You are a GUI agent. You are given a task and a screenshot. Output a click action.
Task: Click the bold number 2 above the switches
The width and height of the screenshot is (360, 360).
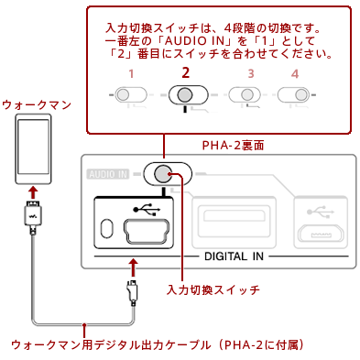[x=185, y=72]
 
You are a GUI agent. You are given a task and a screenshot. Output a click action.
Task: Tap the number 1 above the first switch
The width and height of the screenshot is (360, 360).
[x=131, y=73]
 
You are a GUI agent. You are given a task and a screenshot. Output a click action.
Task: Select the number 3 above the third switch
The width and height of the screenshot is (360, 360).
[x=251, y=73]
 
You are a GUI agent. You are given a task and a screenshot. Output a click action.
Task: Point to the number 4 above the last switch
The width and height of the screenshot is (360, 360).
[x=295, y=73]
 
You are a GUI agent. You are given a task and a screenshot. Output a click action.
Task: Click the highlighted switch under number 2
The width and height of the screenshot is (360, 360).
[x=189, y=95]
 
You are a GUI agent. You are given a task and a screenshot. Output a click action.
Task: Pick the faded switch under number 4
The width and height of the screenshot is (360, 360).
[x=293, y=94]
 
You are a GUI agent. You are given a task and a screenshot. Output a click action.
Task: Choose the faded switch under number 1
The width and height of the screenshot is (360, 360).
[x=131, y=94]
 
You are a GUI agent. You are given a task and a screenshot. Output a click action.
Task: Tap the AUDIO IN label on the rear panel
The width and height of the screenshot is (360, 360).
[x=108, y=174]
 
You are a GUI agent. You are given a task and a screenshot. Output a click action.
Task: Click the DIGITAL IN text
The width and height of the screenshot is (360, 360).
[x=234, y=256]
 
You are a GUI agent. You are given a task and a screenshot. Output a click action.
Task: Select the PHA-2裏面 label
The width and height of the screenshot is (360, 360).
[x=233, y=146]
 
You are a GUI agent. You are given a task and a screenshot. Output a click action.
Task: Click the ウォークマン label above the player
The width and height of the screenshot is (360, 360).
[x=37, y=105]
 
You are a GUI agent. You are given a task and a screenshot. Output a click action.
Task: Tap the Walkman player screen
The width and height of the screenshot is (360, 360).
[x=33, y=147]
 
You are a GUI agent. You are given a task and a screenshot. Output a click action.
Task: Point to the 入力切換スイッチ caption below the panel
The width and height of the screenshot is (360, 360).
[x=213, y=289]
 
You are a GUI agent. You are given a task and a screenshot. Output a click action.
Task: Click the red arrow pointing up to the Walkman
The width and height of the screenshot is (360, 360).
[x=33, y=193]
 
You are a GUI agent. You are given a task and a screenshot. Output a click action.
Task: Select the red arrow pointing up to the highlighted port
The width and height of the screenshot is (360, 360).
[x=133, y=267]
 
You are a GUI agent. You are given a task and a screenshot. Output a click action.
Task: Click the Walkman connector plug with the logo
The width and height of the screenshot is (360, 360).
[x=33, y=216]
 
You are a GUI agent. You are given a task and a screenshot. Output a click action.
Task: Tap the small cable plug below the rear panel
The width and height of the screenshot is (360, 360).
[x=133, y=291]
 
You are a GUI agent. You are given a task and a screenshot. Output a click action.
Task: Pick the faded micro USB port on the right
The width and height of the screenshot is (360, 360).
[x=321, y=234]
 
